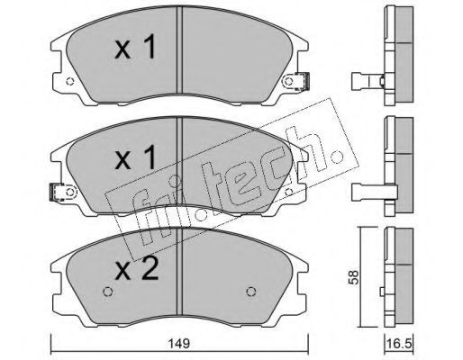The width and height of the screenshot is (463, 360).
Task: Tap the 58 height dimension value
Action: (x=354, y=277)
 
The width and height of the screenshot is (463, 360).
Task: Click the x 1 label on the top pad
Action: (x=135, y=47)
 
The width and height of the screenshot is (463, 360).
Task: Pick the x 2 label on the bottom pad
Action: (x=137, y=268)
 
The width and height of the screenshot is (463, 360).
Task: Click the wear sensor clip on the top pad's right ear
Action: (x=303, y=81)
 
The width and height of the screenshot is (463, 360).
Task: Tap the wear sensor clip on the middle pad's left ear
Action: (x=57, y=192)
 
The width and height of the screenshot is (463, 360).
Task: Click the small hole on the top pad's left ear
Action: (x=69, y=81)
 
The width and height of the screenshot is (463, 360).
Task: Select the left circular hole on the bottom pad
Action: (x=107, y=292)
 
